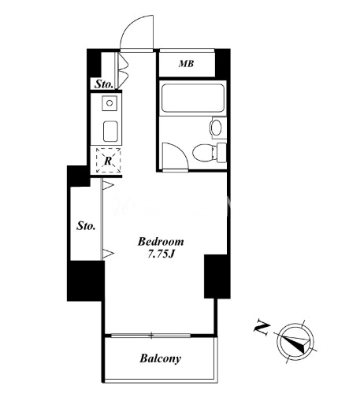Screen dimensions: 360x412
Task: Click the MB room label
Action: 186,64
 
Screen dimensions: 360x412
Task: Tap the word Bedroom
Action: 161,242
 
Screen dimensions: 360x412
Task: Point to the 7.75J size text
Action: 161,254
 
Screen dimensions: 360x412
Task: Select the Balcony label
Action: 160,358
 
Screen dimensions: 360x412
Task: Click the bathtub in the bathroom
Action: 193,98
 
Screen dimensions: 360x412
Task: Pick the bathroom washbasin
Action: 217,128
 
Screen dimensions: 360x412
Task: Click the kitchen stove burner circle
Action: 109,102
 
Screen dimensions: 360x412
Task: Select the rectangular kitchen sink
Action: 110,131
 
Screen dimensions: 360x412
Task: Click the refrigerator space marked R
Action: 108,161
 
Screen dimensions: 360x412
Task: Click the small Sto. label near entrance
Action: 104,84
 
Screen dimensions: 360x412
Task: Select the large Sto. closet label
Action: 86,226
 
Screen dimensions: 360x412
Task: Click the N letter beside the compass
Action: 262,327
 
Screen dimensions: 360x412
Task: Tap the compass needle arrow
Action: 299,343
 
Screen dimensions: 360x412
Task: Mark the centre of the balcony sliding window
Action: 151,336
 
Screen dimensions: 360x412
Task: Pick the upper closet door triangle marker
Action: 108,185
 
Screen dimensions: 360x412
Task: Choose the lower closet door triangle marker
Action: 108,254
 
